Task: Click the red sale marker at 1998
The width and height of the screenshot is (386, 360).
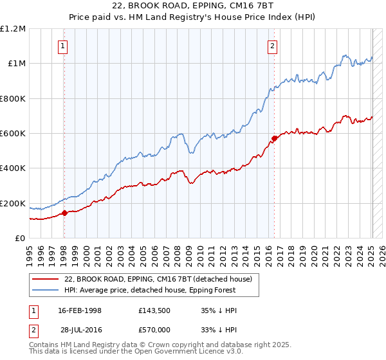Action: [x=64, y=213]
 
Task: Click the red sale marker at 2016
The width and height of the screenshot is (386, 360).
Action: [x=274, y=138]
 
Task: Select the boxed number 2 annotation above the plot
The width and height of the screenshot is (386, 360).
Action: [x=273, y=46]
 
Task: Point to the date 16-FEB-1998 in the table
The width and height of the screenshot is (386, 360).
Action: [x=80, y=310]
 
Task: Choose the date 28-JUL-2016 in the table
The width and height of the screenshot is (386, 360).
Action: [x=80, y=330]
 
